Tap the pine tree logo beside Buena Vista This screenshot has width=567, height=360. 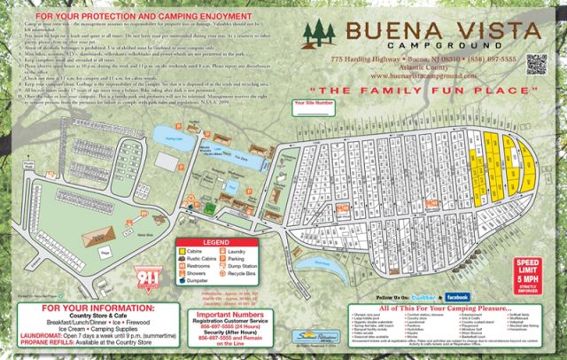tap(321, 35)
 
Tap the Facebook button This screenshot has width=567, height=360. tap(456, 297)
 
